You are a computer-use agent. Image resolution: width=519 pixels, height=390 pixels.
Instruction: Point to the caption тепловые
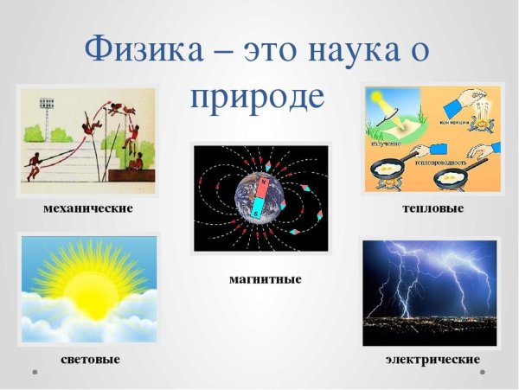[432, 209]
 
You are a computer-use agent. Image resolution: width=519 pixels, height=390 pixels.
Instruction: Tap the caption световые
[90, 358]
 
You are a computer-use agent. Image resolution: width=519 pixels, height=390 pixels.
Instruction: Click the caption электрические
[432, 358]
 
